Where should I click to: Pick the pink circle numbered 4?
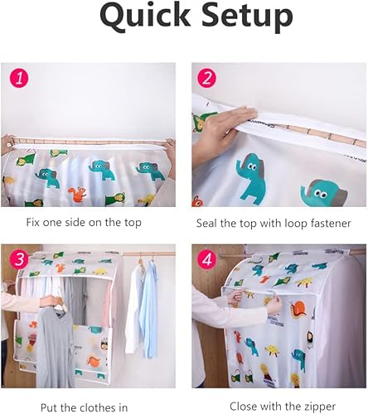[207, 259]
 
